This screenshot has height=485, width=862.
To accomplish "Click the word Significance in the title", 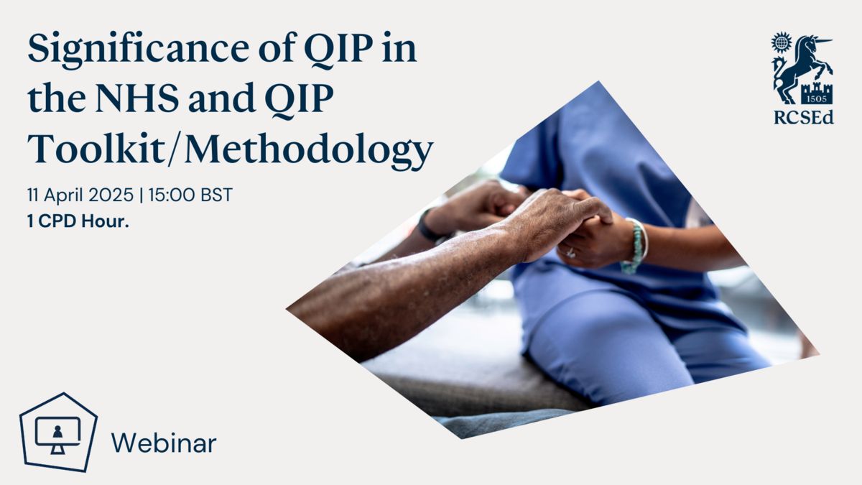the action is pos(139,50).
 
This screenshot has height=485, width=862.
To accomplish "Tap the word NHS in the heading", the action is pos(137,98).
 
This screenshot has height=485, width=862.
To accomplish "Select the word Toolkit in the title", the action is pos(96,148).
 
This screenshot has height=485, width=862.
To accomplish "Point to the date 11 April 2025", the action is pos(80,195).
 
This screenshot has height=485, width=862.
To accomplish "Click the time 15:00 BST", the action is pos(190,195).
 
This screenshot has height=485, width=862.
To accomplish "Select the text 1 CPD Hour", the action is pos(78,221).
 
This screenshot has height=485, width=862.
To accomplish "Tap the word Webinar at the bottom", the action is pos(164,443).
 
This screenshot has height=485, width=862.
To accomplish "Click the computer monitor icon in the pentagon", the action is pos(57,435).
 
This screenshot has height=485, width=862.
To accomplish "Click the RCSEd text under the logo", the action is pos(804,117).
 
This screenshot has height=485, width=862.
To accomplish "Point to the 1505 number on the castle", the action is pos(817,98).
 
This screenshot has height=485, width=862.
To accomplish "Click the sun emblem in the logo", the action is pos(782,42).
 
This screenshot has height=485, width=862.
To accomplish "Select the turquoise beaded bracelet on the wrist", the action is pos(636,246).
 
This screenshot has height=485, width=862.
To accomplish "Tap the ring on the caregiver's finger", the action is pos(570,253).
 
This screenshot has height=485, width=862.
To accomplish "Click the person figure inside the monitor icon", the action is pos(57,432).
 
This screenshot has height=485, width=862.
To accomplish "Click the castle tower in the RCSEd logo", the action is pos(817,93).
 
